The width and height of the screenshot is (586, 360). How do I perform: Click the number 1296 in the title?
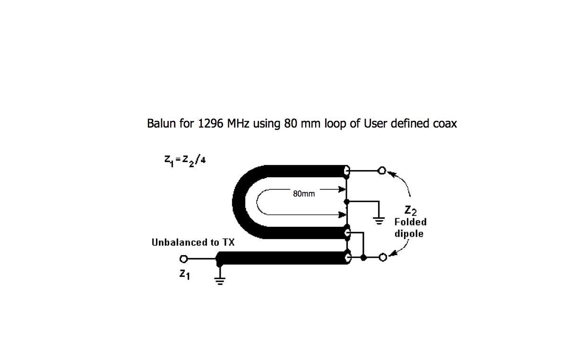(211, 124)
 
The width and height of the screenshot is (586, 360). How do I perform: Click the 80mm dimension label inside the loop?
(304, 194)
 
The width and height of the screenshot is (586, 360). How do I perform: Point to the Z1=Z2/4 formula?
(185, 161)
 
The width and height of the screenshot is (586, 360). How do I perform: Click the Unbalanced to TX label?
(193, 242)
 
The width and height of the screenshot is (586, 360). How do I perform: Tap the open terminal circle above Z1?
(184, 259)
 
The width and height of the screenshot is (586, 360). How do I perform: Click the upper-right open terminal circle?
(382, 171)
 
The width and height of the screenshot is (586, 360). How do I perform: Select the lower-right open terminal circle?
(383, 257)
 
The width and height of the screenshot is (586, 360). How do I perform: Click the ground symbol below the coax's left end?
(220, 280)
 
